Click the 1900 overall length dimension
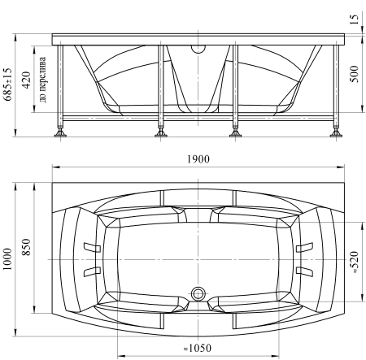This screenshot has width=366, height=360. (198, 159)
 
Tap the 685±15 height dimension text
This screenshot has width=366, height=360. (8, 85)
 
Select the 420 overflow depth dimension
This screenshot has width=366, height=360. (26, 80)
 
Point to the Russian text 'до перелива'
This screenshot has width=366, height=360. (43, 80)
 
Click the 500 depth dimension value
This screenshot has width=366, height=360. (354, 74)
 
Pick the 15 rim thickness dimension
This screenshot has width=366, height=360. (354, 19)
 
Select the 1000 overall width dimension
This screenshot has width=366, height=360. (8, 259)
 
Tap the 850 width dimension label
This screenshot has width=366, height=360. (26, 247)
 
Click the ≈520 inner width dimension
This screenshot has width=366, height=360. (355, 262)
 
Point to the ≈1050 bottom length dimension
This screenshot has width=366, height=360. (197, 348)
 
